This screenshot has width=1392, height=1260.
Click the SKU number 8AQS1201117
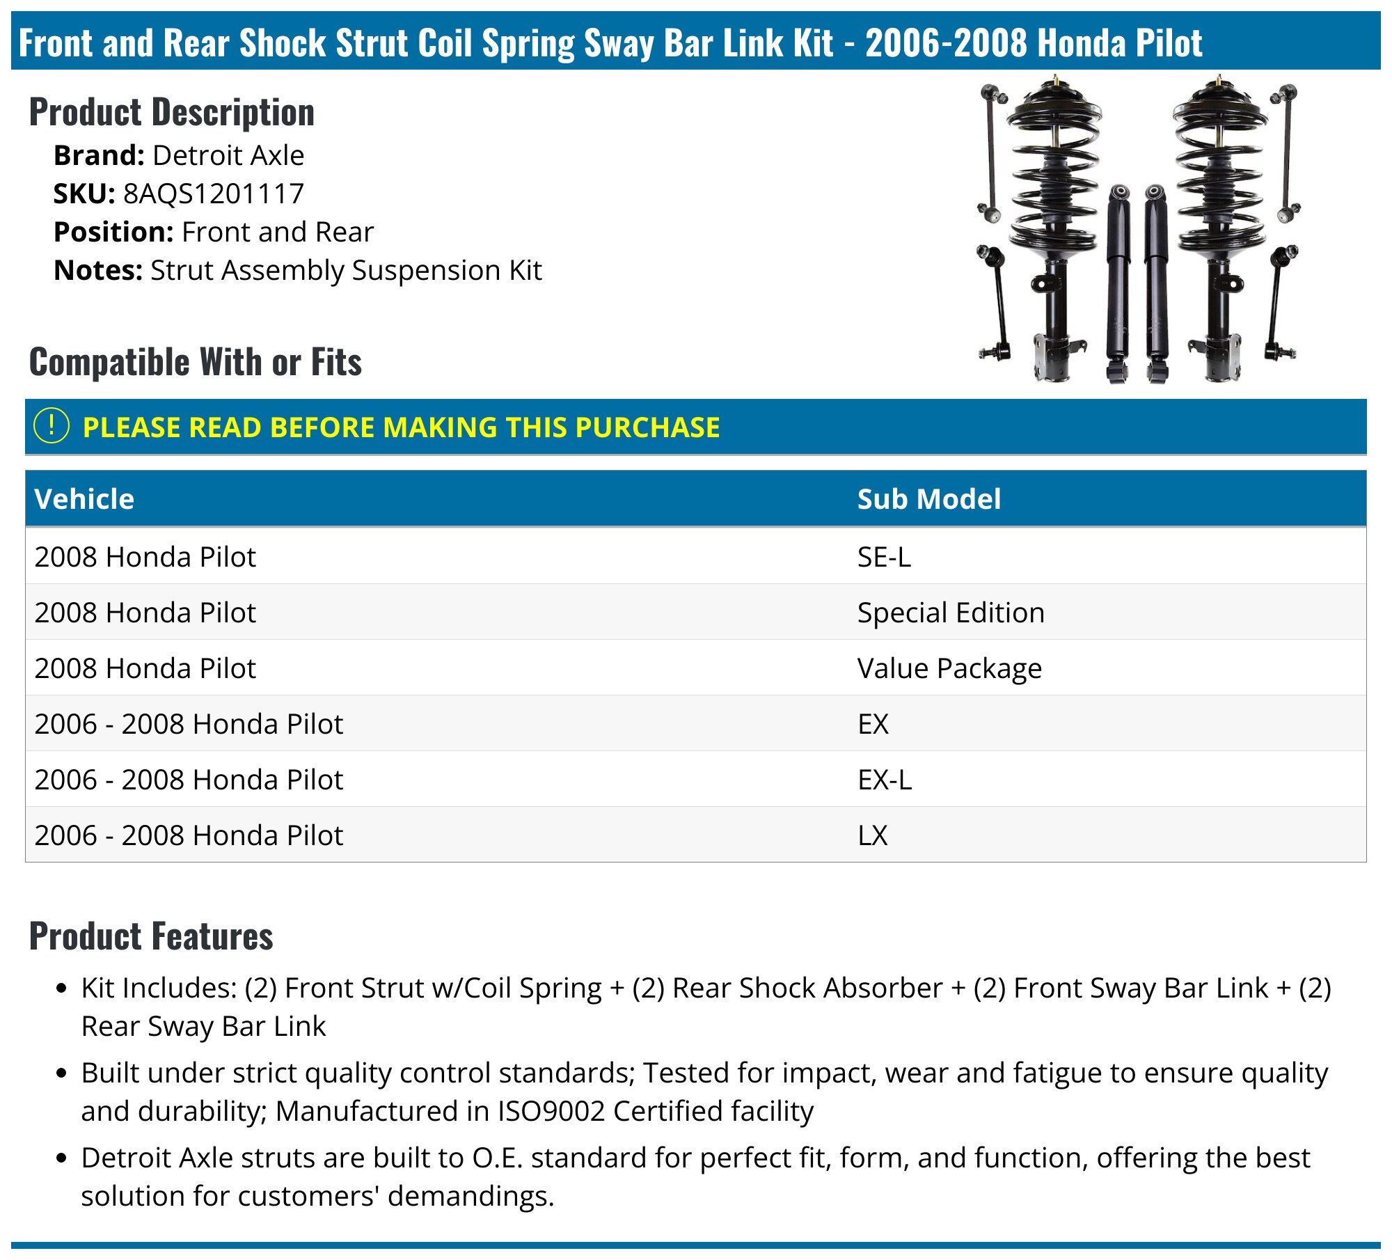click(x=214, y=194)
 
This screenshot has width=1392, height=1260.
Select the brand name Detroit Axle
click(x=228, y=155)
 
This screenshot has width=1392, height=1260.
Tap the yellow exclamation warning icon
click(x=51, y=426)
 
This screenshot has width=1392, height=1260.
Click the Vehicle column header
click(x=84, y=498)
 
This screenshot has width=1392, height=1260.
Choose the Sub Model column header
click(x=928, y=498)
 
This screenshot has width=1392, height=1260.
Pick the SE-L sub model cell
click(x=884, y=557)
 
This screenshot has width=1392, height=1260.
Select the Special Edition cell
click(x=951, y=613)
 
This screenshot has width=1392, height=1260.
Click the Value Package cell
click(x=949, y=668)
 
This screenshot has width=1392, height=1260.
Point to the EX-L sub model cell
click(x=884, y=780)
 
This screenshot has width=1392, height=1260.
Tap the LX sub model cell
click(x=873, y=835)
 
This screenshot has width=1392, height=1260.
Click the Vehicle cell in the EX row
click(x=189, y=724)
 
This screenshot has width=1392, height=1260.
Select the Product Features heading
click(x=151, y=936)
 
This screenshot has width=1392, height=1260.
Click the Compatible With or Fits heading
click(x=196, y=362)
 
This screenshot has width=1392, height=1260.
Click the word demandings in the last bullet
click(x=470, y=1196)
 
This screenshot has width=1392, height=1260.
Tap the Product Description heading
click(x=172, y=112)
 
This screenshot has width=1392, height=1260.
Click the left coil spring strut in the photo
click(x=1053, y=223)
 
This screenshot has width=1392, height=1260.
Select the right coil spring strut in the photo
click(x=1219, y=223)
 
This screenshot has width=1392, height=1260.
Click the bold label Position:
click(x=113, y=232)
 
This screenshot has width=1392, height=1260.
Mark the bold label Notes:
click(x=98, y=270)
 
